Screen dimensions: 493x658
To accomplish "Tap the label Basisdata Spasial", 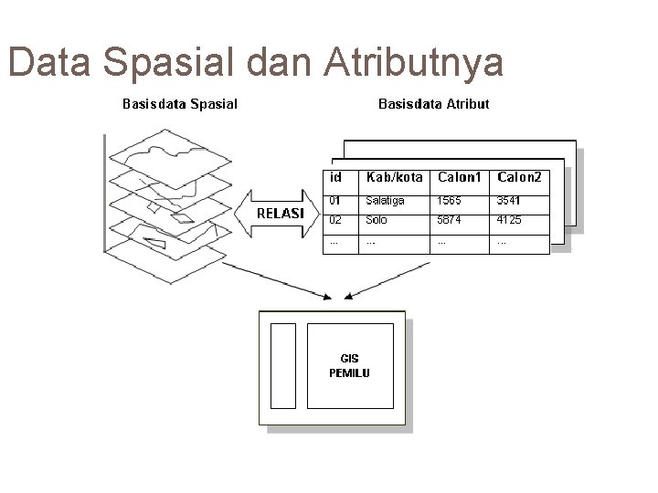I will [x=180, y=103].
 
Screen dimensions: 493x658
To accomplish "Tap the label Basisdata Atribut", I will [x=433, y=103].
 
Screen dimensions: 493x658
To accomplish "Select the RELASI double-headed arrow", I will [x=280, y=213].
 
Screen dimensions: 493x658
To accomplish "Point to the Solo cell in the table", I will [x=376, y=221].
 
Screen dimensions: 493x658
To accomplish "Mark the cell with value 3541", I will [x=510, y=200].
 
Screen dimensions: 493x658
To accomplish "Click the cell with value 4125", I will [x=510, y=221].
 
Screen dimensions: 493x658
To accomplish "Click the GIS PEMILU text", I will [x=349, y=366].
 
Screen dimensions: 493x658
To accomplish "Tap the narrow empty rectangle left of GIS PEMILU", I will [x=284, y=364].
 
